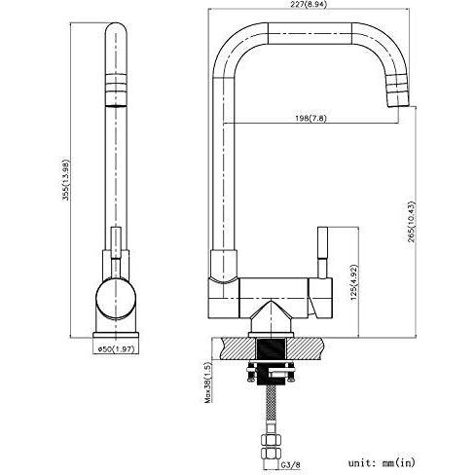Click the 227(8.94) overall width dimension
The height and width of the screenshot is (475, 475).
pos(309,4)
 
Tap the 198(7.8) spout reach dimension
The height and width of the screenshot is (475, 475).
pos(311,118)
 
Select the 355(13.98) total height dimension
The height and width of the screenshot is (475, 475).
pos(66,179)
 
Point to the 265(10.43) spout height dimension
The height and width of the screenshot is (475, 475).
pos(412,224)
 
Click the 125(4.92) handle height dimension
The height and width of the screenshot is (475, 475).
pos(353,281)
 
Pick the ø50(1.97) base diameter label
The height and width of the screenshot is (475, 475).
pos(116,349)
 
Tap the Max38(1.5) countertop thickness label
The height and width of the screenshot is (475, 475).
pos(207,382)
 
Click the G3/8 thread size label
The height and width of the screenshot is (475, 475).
pos(291,464)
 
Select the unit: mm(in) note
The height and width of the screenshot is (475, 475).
pos(382,462)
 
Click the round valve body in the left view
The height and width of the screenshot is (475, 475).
pos(116,298)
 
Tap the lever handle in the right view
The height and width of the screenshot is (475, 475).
pos(323,252)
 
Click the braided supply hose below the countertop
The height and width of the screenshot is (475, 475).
pos(272,410)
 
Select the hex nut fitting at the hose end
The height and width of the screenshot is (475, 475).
pos(272,447)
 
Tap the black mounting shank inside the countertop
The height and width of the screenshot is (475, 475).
pos(271,348)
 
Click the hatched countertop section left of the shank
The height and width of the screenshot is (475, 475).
pos(238,348)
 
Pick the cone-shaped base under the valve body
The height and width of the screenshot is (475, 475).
pos(271,315)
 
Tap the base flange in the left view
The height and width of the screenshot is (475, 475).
pos(116,335)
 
